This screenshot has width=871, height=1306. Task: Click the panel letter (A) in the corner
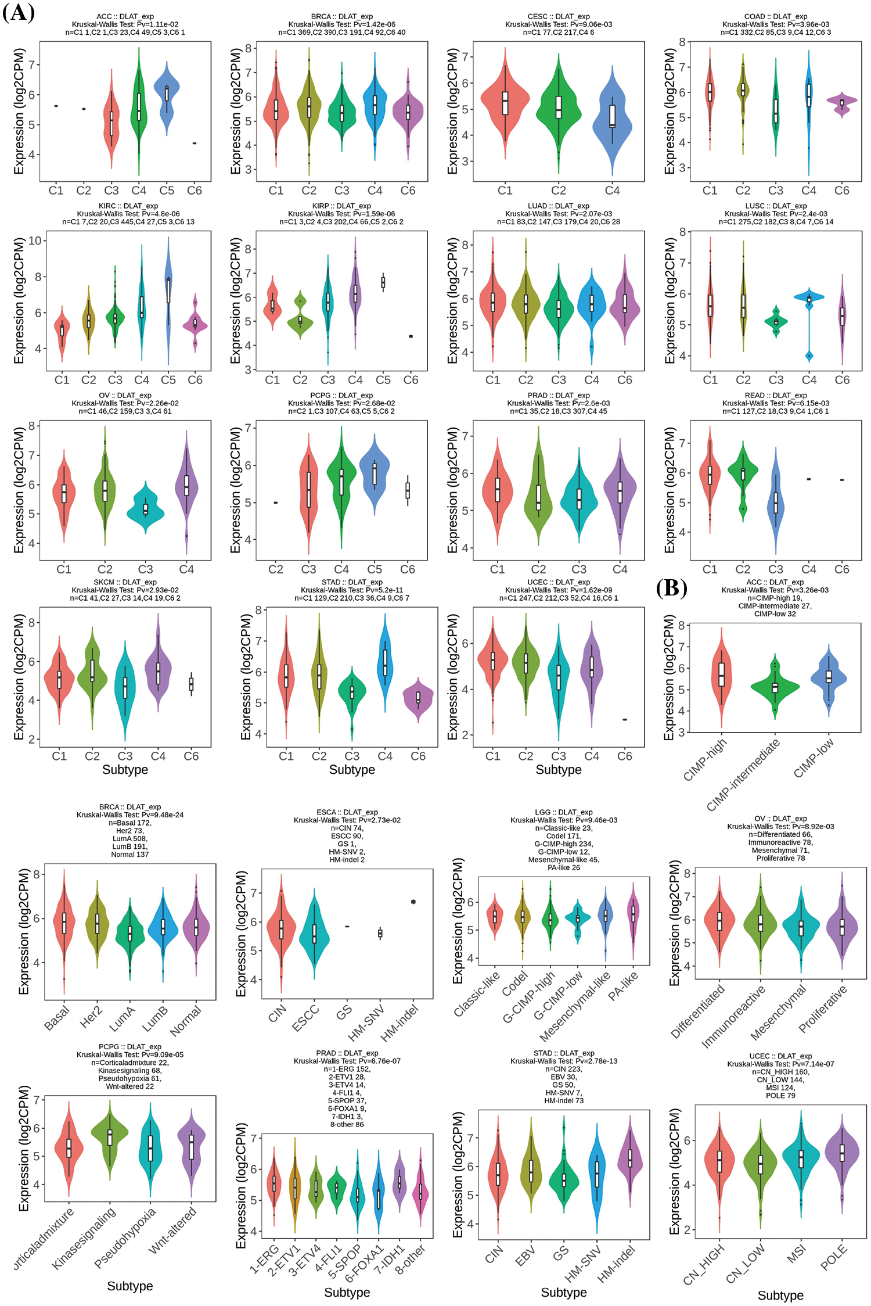click(x=19, y=12)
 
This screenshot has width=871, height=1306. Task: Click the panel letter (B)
click(x=671, y=588)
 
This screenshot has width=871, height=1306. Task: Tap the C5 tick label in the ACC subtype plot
click(x=167, y=191)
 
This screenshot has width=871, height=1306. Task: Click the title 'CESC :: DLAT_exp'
click(x=558, y=16)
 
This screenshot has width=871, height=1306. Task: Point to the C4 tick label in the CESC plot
click(x=612, y=191)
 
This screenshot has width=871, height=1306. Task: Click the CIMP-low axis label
click(x=814, y=758)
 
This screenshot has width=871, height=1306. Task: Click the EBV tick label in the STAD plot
click(x=526, y=1257)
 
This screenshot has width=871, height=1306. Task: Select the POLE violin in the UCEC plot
click(x=842, y=1153)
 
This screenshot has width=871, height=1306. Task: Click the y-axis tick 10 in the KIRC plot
click(x=35, y=241)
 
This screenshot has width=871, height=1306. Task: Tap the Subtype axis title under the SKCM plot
click(x=125, y=770)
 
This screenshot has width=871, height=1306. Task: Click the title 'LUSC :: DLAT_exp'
click(x=776, y=206)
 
